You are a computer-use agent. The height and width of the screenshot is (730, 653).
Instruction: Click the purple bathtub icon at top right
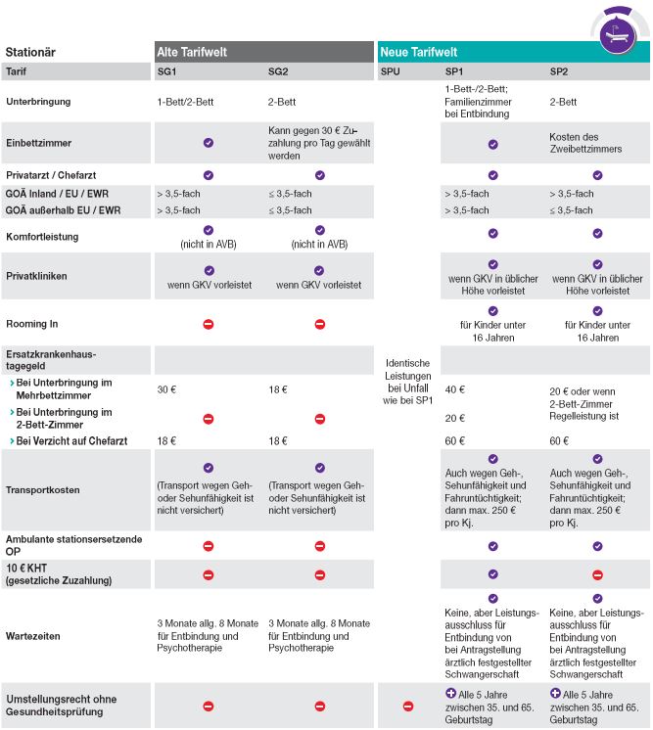[618, 35]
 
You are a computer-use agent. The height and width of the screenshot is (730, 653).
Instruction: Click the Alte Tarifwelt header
[192, 52]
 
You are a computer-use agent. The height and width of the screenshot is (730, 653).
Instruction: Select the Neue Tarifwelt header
[418, 52]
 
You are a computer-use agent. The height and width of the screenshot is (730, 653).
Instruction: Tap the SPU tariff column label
[390, 71]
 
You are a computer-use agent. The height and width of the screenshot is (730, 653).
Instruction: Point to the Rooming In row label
[32, 324]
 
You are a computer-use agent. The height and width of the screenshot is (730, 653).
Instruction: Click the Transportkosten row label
[43, 490]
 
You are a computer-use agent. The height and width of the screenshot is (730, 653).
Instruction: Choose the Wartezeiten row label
[33, 636]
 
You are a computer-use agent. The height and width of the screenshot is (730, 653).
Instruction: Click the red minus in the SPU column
[408, 707]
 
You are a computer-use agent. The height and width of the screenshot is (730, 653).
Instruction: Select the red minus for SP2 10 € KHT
[597, 575]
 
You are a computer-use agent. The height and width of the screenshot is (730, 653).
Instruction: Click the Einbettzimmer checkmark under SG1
[209, 143]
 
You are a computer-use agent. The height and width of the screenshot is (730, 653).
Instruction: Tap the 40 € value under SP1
[454, 389]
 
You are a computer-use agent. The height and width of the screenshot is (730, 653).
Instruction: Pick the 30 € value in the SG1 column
[166, 389]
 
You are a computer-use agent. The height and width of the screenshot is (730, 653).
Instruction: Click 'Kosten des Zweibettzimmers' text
[585, 143]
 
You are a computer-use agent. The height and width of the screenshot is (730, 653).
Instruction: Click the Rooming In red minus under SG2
[320, 324]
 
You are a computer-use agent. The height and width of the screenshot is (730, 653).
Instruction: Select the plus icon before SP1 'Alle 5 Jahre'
[450, 693]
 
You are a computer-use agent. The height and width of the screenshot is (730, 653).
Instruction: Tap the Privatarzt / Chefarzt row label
[51, 175]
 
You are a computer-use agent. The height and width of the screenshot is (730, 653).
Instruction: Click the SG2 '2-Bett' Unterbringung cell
[282, 102]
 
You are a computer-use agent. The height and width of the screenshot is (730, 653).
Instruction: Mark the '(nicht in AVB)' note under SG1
[209, 245]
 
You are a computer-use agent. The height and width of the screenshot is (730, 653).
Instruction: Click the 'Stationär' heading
[30, 52]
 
